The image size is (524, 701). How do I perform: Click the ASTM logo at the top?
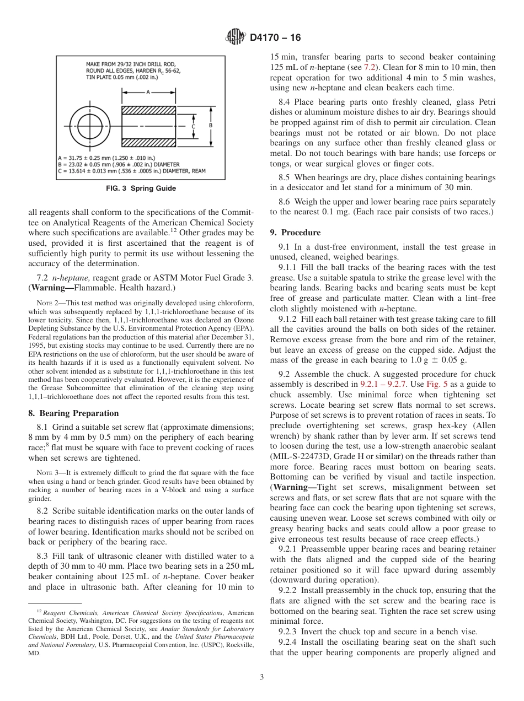pos(236,38)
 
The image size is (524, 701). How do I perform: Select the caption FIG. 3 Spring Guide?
pos(141,188)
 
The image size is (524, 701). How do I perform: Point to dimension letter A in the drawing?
pos(148,93)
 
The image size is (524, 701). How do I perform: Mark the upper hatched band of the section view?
pos(148,110)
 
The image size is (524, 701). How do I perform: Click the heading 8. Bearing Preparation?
pos(73,413)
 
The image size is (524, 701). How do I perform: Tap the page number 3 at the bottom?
pos(261,677)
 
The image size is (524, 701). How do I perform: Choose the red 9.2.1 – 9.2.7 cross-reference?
pos(384,384)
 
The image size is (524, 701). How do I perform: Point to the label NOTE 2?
pos(45,303)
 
